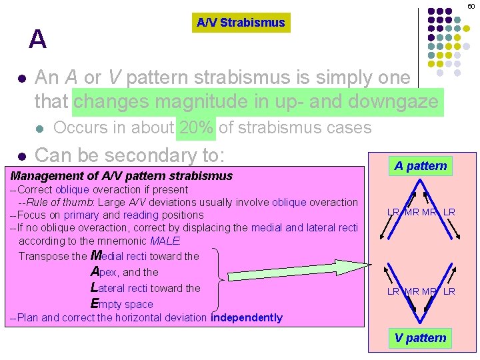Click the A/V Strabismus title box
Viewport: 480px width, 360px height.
[x=241, y=23]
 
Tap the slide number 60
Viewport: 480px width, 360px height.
[x=471, y=5]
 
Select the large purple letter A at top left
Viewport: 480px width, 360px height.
[x=38, y=40]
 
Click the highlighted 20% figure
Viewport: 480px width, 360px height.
[x=196, y=127]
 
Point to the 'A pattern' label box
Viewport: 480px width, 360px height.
[x=420, y=166]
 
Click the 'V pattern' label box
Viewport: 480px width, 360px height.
[x=420, y=338]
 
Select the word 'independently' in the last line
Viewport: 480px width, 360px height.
[x=247, y=318]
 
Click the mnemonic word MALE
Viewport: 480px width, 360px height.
[x=165, y=241]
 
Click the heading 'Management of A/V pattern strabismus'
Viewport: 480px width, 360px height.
[x=121, y=176]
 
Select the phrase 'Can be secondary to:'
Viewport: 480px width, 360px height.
[x=129, y=156]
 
